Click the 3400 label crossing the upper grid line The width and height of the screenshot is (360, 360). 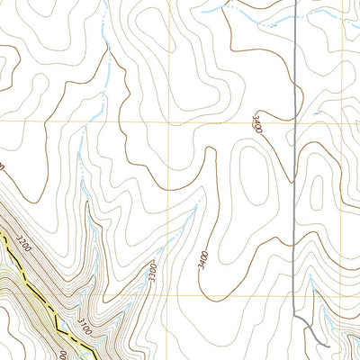click(x=257, y=124)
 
